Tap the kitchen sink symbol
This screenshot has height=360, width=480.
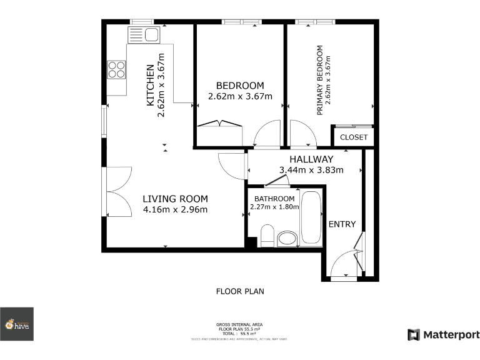144,34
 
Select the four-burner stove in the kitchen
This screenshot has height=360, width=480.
116,69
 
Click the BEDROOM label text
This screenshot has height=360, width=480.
240,86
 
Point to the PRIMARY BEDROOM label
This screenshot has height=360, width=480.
320,80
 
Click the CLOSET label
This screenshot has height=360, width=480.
354,137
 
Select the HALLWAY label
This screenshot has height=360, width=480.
306,159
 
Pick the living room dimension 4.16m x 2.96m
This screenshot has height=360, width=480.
175,209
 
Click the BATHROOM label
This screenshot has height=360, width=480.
272,199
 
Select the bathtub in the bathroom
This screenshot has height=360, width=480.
311,219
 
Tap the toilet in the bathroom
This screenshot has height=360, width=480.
267,235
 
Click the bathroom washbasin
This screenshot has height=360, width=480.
288,239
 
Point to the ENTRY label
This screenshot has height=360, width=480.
342,224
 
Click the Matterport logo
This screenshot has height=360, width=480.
444,335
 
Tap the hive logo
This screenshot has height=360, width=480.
17,324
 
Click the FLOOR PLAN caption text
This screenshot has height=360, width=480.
240,291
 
